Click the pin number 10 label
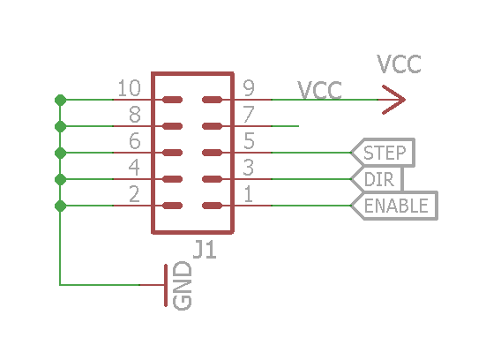(x=130, y=88)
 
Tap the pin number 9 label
(x=249, y=88)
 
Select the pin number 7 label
(x=249, y=115)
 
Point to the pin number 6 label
(x=135, y=141)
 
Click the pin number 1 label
(x=248, y=194)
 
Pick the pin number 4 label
(x=134, y=168)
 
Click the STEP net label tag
(x=383, y=153)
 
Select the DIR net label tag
(x=378, y=179)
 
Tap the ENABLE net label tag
(x=394, y=206)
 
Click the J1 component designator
(x=205, y=250)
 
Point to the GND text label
(x=183, y=286)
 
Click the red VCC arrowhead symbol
(x=393, y=100)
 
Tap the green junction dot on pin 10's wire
(x=61, y=100)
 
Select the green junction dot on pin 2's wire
(x=61, y=206)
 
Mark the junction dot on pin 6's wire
(x=61, y=153)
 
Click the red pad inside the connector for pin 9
(x=212, y=100)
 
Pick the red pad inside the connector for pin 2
(x=172, y=206)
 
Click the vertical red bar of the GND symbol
(x=166, y=285)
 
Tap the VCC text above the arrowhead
(x=400, y=64)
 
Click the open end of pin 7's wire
(x=298, y=126)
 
